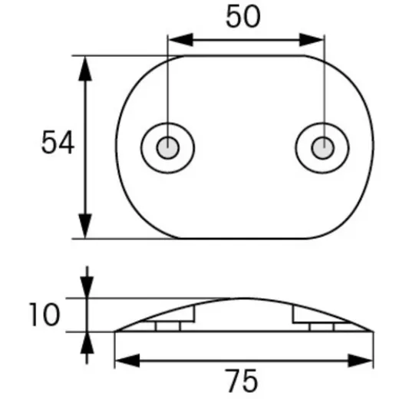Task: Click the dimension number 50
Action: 245,17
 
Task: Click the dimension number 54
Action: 58,143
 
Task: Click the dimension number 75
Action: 244,380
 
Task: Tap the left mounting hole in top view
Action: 167,145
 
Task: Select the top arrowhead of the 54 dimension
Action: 87,68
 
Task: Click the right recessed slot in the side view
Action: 322,325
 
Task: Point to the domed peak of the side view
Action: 244,298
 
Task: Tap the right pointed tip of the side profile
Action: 372,331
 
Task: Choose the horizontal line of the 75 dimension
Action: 244,358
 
